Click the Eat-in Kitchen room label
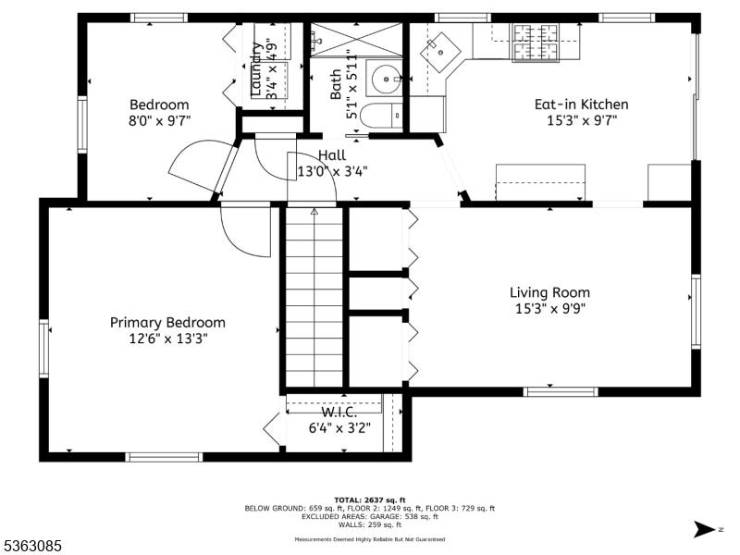pos(581,105)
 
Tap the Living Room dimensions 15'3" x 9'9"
pos(549,309)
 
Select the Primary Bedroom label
pos(167,323)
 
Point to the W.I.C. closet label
pos(339,413)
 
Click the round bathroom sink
pos(387,80)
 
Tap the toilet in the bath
pos(381,115)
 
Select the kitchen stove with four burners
pos(536,43)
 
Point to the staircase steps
pos(314,296)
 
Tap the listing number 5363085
pos(31,546)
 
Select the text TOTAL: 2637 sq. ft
pos(369,500)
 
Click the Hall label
pos(332,155)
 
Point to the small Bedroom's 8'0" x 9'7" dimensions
pos(159,121)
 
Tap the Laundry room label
pos(256,70)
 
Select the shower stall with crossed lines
pos(356,40)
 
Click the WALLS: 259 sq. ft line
pos(369,524)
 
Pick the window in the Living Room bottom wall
pos(561,391)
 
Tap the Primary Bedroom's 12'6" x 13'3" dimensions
pos(168,339)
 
